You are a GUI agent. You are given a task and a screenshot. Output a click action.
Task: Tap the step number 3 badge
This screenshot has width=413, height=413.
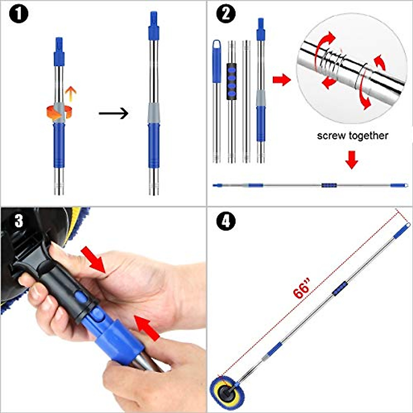click(x=19, y=221)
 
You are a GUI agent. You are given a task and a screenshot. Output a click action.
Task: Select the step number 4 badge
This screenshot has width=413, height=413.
click(x=226, y=221)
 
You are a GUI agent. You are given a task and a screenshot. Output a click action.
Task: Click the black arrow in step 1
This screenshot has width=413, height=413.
click(x=113, y=113)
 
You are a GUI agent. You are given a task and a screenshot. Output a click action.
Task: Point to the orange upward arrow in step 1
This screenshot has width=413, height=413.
click(x=71, y=94)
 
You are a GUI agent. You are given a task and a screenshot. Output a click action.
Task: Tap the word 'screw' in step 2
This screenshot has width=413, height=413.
click(x=331, y=136)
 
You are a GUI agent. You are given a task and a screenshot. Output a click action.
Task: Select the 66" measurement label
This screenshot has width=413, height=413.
click(x=302, y=288)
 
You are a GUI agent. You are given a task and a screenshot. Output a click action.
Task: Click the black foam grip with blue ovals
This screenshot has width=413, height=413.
click(x=232, y=82)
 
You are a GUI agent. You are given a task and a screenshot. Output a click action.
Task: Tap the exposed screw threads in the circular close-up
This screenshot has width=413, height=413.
click(x=331, y=61)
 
